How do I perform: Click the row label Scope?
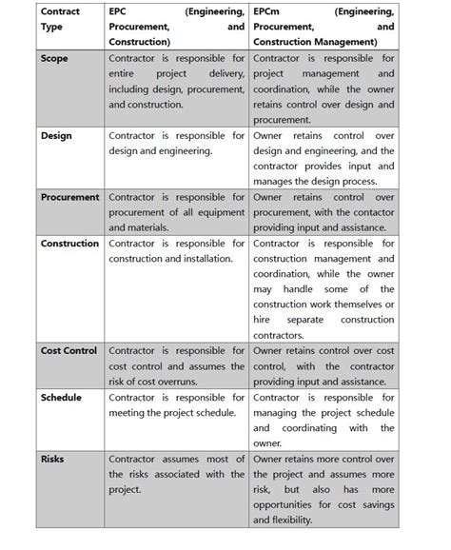[x=55, y=60]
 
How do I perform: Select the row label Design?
[x=56, y=136]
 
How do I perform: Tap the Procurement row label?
[x=70, y=197]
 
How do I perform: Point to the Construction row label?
[x=70, y=244]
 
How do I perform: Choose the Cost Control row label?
[x=69, y=351]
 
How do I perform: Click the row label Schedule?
[x=62, y=398]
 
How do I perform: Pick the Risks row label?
[x=52, y=459]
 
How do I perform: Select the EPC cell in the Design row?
[x=177, y=144]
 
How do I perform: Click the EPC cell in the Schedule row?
[x=177, y=405]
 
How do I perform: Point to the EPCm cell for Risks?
[x=324, y=489]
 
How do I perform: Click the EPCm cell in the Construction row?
[x=324, y=289]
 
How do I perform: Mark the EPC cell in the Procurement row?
[x=177, y=212]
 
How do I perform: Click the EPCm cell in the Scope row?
[x=324, y=89]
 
